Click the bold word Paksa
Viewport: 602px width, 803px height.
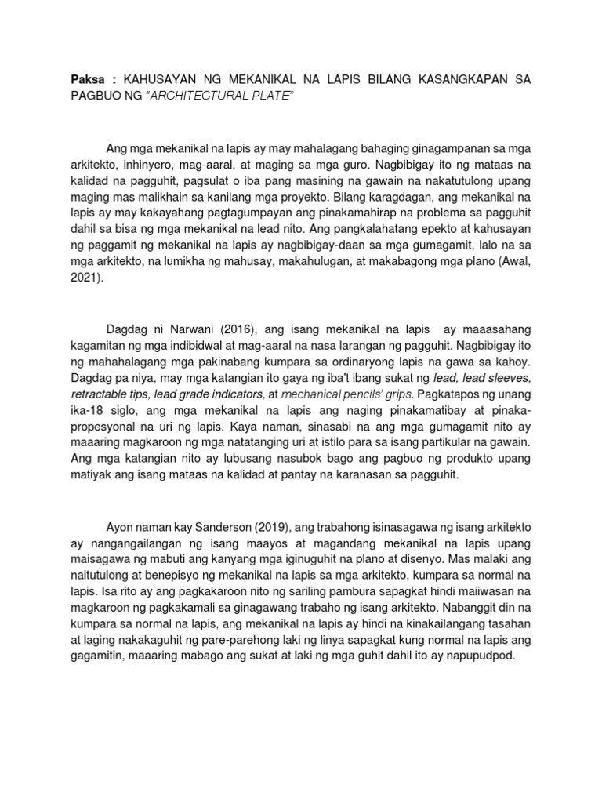(85, 83)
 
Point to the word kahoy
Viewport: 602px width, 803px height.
(515, 363)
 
